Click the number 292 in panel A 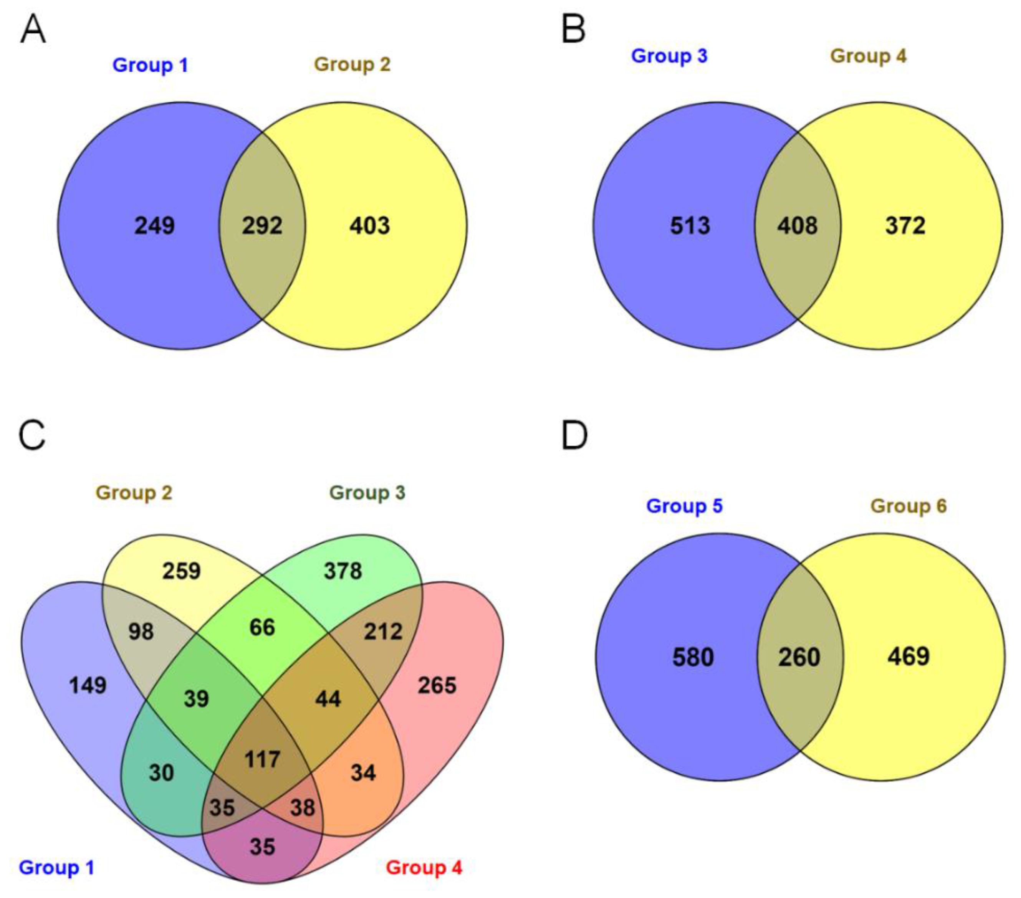coord(262,226)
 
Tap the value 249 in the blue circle coord(154,226)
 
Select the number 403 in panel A coord(370,226)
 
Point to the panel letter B coord(573,30)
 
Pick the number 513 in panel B coord(690,226)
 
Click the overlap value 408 coord(797,226)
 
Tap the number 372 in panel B coord(905,226)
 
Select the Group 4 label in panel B coord(868,56)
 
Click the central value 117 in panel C coord(262,760)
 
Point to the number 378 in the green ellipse coord(343,571)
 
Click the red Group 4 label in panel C coord(424,868)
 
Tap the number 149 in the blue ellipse coord(88,685)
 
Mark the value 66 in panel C coord(262,628)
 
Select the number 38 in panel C coord(303,808)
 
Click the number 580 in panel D coord(693,657)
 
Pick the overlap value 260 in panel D coord(799,657)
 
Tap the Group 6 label coord(908,506)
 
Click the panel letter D coord(574,435)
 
